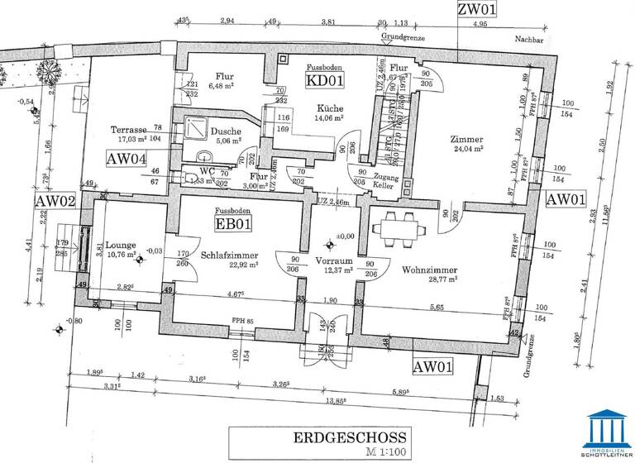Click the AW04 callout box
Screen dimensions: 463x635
128,159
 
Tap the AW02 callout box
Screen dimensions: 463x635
55,202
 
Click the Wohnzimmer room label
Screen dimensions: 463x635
430,270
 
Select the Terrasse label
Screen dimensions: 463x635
129,130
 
